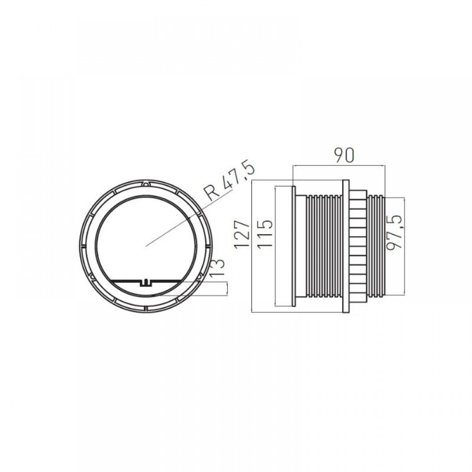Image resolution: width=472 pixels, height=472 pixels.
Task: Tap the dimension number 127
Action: click(242, 234)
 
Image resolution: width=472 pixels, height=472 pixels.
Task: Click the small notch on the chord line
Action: click(146, 283)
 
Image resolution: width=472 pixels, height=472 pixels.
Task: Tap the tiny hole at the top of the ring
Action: click(146, 184)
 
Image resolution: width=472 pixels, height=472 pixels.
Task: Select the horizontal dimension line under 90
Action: click(338, 166)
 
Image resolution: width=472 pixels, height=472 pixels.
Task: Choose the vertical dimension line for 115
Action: click(275, 245)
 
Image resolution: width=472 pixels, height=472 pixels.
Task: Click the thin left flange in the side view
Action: click(294, 245)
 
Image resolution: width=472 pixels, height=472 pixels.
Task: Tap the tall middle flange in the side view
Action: click(346, 245)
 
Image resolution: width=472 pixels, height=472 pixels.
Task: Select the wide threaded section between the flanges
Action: click(323, 245)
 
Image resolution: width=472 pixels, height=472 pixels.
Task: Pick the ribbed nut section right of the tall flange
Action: click(358, 245)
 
